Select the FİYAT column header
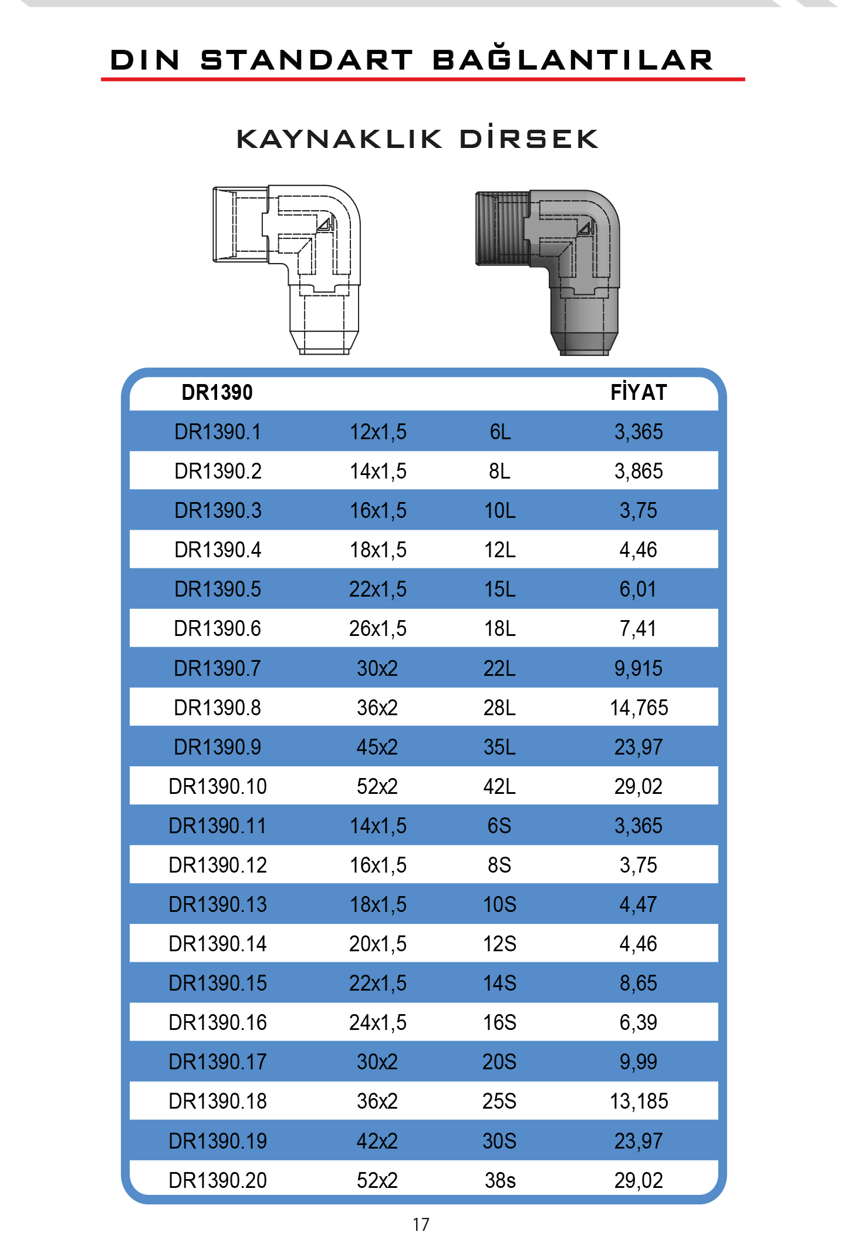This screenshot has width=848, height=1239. point(638,392)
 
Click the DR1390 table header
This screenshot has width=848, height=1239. point(217,392)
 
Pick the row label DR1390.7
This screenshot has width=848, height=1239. point(217,668)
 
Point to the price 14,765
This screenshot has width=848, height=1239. point(638,708)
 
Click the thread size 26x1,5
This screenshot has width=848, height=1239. point(378,629)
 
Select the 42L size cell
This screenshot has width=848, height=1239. point(499,786)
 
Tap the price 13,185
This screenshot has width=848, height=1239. point(638,1101)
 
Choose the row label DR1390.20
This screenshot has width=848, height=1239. point(217,1180)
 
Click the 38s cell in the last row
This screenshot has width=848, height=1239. point(500,1180)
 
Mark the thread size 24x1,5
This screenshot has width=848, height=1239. point(378,1022)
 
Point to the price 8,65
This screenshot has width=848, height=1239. point(638,983)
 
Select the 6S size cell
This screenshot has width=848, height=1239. point(499,826)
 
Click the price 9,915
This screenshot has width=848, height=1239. point(638,668)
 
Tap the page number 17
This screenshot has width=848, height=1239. point(421,1224)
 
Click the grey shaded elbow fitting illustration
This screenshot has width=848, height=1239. point(548,272)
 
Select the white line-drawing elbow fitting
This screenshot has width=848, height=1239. point(286,270)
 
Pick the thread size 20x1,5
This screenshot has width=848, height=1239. point(378,944)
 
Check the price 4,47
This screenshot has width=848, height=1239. point(638,904)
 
